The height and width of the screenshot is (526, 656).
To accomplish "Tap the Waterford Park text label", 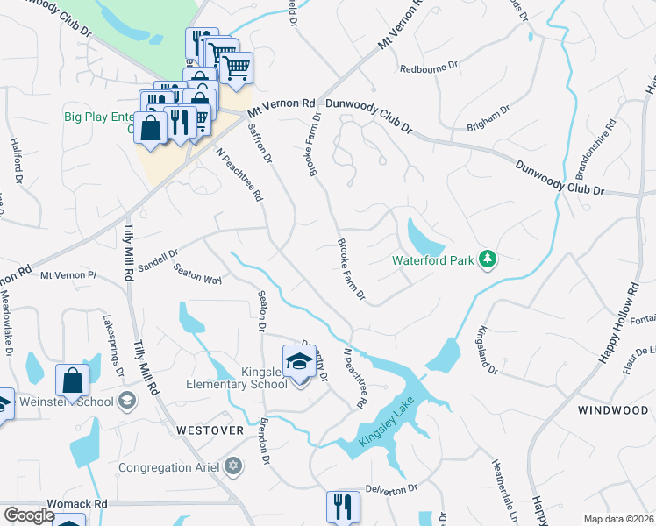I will click(432, 260).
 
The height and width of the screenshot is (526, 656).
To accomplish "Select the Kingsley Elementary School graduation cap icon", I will click(299, 361).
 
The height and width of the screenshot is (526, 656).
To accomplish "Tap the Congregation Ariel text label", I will click(168, 466).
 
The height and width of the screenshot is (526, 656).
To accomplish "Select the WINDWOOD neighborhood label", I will click(612, 410).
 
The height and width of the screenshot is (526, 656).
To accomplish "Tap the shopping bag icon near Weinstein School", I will click(72, 380).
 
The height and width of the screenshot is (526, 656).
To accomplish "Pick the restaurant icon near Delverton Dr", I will click(343, 506).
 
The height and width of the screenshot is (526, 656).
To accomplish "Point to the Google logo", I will click(28, 515).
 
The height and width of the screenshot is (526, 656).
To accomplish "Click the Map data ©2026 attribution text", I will click(618, 519).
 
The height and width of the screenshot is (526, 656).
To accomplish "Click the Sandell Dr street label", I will click(158, 259).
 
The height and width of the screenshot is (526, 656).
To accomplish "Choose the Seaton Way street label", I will click(197, 274).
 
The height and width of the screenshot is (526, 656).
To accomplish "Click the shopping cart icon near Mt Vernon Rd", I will click(236, 67).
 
